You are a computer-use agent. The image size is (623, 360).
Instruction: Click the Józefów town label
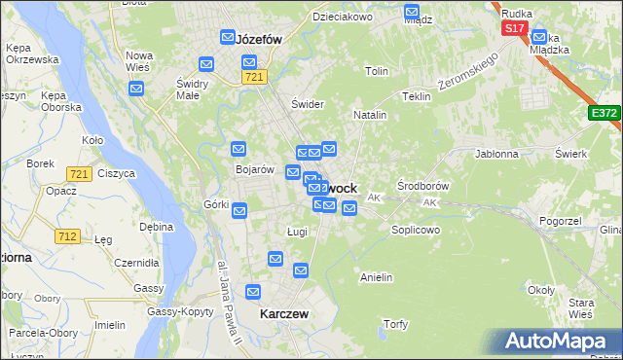(259, 40)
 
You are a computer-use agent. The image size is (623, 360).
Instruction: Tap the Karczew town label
(284, 314)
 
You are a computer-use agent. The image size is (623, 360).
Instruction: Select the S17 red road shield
(515, 29)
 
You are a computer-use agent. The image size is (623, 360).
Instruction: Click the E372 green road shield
(604, 114)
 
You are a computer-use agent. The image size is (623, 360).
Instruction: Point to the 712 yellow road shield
(67, 235)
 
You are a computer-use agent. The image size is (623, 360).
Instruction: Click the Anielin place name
(376, 277)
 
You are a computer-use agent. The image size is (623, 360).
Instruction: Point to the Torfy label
(396, 324)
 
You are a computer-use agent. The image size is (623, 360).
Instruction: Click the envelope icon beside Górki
(239, 210)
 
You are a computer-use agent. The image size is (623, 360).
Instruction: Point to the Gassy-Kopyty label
(180, 311)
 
